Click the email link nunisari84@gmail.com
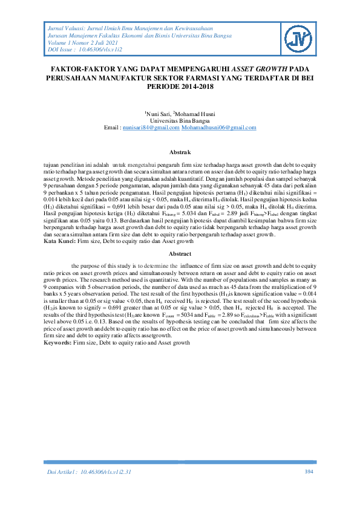151,128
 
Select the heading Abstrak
179,152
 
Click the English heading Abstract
179,254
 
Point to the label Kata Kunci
58,241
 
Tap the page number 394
309,471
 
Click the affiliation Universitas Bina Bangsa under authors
180,122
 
